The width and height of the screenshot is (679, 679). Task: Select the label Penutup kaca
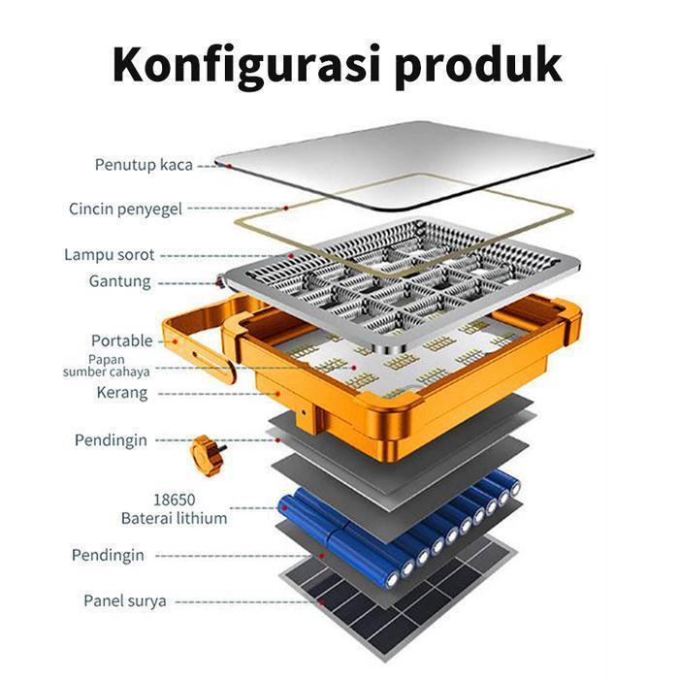pos(144,164)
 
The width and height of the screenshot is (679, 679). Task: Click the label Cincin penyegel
pos(125,209)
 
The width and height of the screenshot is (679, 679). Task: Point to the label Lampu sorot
pos(109,255)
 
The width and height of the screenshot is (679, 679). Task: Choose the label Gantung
pos(119,282)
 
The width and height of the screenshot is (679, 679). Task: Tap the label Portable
pos(121,340)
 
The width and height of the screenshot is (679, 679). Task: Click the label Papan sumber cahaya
pos(107,366)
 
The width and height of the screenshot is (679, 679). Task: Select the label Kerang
pos(121,393)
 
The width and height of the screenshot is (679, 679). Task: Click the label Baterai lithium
pos(174,518)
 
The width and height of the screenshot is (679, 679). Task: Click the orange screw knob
pos(206,454)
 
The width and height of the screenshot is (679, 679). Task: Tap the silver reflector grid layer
pos(407,281)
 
